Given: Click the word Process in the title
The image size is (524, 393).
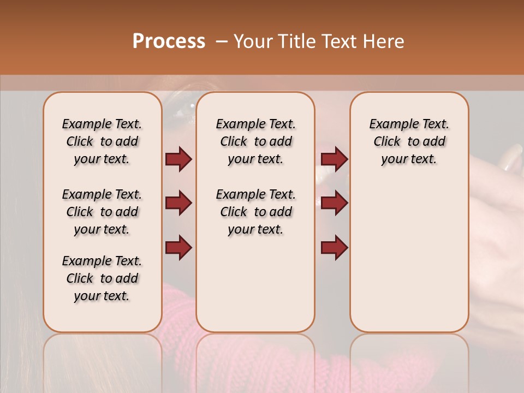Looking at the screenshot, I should [x=169, y=41].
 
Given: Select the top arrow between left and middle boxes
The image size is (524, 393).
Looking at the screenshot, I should [x=178, y=159].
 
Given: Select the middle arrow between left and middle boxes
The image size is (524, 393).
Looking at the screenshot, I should [x=178, y=204].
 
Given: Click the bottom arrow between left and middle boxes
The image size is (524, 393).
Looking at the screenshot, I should [x=178, y=248].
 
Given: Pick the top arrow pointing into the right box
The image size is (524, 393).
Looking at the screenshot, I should [x=334, y=159].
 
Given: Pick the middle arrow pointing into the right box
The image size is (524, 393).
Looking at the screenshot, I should [x=334, y=204].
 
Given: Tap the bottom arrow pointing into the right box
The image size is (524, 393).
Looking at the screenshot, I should [x=334, y=248].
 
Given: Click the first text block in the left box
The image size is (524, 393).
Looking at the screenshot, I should [x=102, y=141].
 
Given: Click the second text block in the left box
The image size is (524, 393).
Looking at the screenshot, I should [x=102, y=212].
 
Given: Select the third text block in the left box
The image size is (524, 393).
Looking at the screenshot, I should [x=102, y=278].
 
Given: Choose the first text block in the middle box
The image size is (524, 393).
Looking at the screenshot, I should [x=255, y=141].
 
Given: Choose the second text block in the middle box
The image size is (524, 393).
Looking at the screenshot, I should [x=255, y=212].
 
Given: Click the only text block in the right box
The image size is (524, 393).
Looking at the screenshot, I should [x=409, y=141].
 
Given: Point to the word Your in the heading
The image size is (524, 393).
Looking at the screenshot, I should [x=253, y=41].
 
